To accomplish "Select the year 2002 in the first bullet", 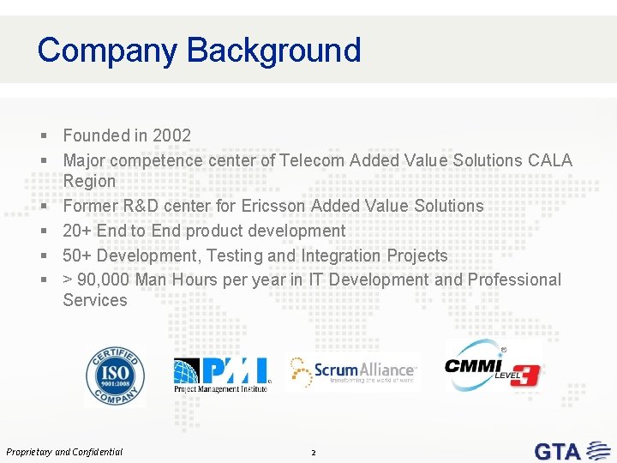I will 171,135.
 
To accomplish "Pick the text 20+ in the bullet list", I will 76,231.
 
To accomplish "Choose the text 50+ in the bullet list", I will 76,256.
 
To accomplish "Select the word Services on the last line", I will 95,300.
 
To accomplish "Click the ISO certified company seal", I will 115,376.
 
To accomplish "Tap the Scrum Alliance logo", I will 353,371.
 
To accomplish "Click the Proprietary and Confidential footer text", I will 64,452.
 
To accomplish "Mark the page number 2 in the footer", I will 314,452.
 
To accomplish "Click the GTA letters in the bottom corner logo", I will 558,451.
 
